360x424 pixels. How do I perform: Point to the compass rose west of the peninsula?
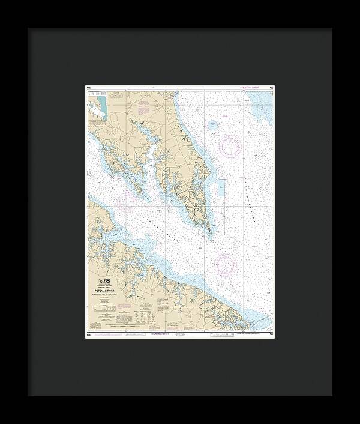pyautogui.click(x=126, y=201)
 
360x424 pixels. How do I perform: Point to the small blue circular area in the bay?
pyautogui.click(x=212, y=125)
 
